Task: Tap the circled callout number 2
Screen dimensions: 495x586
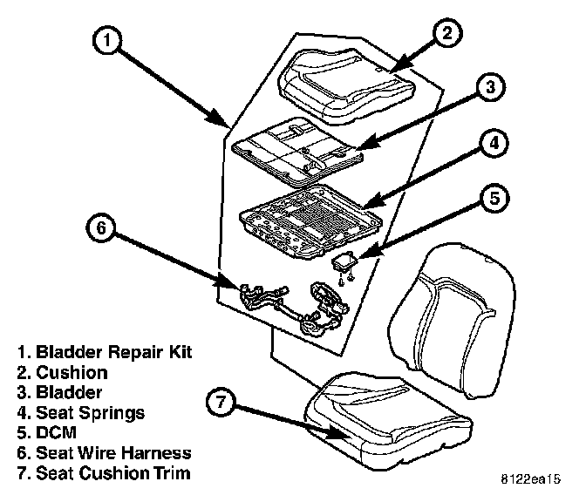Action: tap(446, 34)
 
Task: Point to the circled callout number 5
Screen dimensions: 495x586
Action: tap(494, 199)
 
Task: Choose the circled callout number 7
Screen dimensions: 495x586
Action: tap(221, 403)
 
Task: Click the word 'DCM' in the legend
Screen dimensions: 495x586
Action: tap(55, 433)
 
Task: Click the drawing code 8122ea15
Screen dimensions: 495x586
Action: tap(530, 479)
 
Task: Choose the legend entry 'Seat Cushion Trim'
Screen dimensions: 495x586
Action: tap(113, 473)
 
